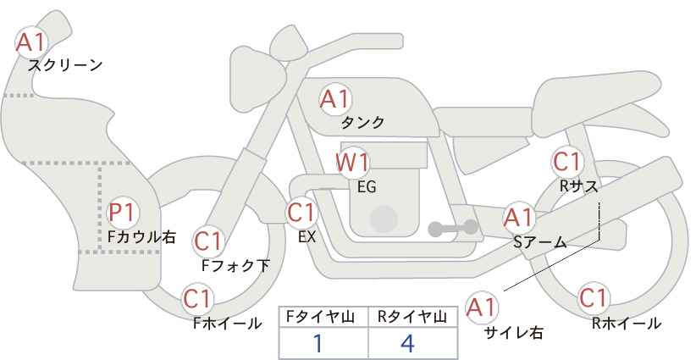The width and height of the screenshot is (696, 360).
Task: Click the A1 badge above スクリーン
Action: click(x=32, y=41)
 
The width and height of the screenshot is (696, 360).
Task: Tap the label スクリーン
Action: click(x=65, y=65)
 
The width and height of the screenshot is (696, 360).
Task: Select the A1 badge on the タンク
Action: click(x=334, y=99)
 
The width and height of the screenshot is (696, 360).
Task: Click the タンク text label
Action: click(x=362, y=123)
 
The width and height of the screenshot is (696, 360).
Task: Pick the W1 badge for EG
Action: click(x=352, y=162)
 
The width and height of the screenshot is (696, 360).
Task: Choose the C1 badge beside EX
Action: click(x=301, y=213)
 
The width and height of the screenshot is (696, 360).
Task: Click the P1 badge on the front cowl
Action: click(x=123, y=212)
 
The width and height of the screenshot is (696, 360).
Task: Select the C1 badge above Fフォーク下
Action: click(x=208, y=241)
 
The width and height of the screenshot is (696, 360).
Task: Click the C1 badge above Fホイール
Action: click(x=197, y=298)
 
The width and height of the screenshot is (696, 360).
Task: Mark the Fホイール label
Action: click(x=227, y=323)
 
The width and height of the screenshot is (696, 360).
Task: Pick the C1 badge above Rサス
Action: click(x=566, y=161)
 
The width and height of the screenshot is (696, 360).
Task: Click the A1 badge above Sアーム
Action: click(x=518, y=217)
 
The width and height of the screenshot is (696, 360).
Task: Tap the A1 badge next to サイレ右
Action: click(x=483, y=307)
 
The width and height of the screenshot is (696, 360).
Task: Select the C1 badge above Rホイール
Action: click(x=594, y=298)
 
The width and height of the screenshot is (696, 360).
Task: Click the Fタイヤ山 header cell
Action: click(x=323, y=318)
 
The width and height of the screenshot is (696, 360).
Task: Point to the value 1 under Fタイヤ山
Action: click(x=319, y=344)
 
